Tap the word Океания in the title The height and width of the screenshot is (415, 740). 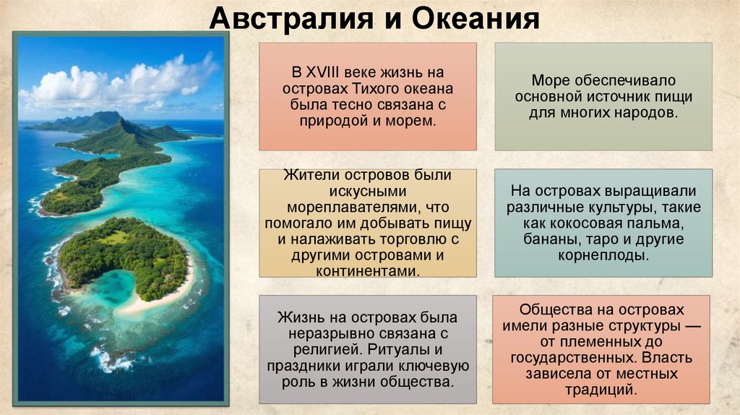476,17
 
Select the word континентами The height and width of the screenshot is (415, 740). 367,271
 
